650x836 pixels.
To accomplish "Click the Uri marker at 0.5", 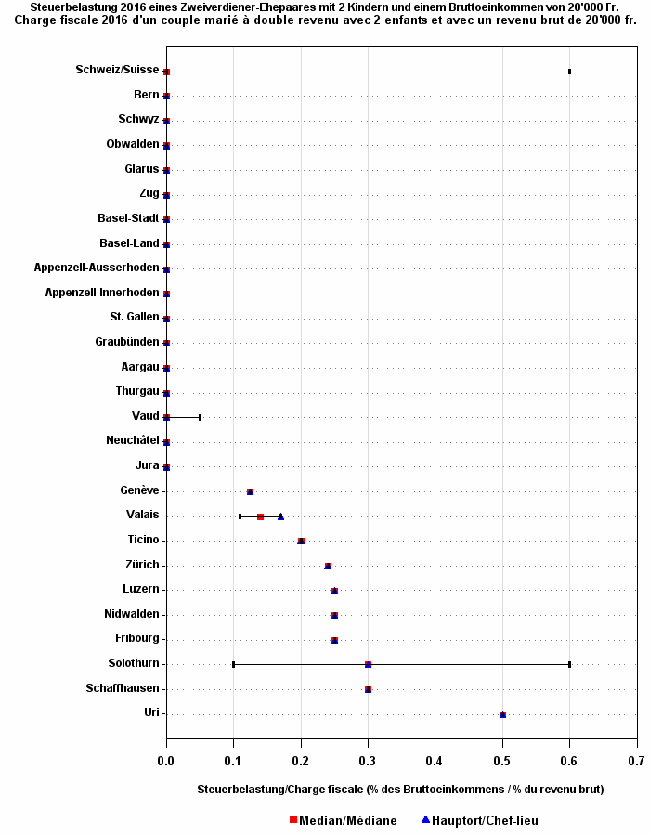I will click(502, 714).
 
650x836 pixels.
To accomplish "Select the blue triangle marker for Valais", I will click(280, 516).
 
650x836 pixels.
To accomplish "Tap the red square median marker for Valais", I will click(260, 516).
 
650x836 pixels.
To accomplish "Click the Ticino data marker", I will click(301, 541).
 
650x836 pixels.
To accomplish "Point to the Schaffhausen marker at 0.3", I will click(369, 689).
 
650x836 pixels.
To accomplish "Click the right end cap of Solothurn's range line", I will click(569, 664).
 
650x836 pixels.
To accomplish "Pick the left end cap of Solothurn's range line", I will click(233, 664).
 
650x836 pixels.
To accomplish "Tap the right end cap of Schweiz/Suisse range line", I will click(569, 72).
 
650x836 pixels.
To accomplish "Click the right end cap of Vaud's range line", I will click(200, 417).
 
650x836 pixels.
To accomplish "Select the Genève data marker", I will click(250, 491).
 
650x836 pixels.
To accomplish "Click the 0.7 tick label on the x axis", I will click(636, 761).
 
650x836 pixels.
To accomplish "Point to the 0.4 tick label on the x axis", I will click(435, 761).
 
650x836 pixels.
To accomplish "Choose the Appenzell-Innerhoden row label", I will click(102, 293).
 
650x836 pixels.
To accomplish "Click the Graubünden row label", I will click(127, 342).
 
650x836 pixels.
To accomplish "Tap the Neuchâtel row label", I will click(133, 440).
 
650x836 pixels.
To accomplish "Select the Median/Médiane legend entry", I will click(343, 820).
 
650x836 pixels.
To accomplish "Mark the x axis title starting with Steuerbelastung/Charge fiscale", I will click(400, 789).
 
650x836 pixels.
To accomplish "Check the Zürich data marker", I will click(328, 566).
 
